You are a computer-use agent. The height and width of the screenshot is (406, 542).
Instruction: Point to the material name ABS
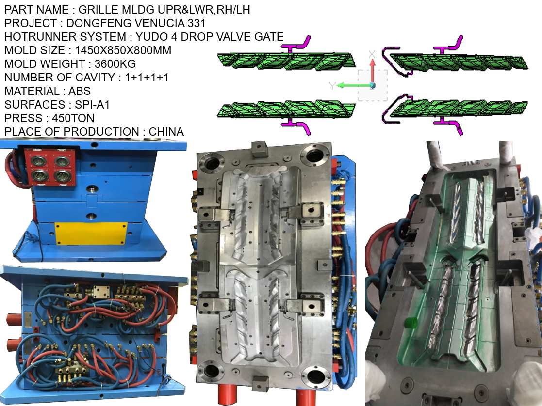(x=79, y=91)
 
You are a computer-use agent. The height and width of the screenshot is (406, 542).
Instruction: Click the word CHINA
(x=166, y=132)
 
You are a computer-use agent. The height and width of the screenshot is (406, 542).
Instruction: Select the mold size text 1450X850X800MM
(x=123, y=50)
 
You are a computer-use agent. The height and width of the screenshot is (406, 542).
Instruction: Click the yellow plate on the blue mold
(x=91, y=234)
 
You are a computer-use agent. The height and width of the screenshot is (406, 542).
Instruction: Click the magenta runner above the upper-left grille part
(x=296, y=46)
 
